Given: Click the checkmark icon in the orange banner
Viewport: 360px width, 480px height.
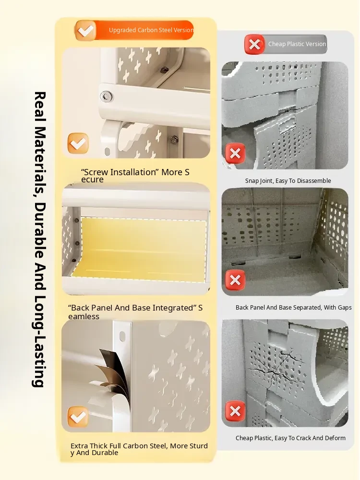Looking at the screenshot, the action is pyautogui.click(x=85, y=30).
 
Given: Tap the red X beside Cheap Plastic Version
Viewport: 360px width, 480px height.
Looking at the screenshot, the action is pyautogui.click(x=254, y=44).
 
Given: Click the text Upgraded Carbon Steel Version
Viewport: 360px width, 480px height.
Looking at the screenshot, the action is pyautogui.click(x=151, y=30).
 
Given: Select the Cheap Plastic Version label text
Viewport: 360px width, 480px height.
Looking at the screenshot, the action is pyautogui.click(x=297, y=44).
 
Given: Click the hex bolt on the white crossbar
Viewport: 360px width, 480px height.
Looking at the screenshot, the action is pyautogui.click(x=106, y=96).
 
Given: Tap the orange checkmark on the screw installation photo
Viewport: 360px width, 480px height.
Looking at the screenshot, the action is pyautogui.click(x=78, y=143).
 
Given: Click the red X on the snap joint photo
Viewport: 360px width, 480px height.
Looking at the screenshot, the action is pyautogui.click(x=235, y=154).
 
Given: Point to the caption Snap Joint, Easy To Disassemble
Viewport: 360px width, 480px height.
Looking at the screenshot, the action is pyautogui.click(x=288, y=181).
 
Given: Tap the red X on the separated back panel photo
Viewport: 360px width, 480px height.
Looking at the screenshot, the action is pyautogui.click(x=235, y=280).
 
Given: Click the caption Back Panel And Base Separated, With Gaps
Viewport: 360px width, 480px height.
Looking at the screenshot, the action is pyautogui.click(x=294, y=307).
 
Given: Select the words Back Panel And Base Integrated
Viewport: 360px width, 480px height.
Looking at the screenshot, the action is pyautogui.click(x=132, y=308).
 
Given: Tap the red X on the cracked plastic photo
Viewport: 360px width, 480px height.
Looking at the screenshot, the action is pyautogui.click(x=235, y=411).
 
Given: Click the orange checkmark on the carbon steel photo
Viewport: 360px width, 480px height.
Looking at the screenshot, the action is pyautogui.click(x=78, y=417).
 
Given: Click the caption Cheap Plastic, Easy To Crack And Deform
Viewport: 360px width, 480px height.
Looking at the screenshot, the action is pyautogui.click(x=290, y=438).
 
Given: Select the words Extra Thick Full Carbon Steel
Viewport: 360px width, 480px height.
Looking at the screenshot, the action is pyautogui.click(x=119, y=446).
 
